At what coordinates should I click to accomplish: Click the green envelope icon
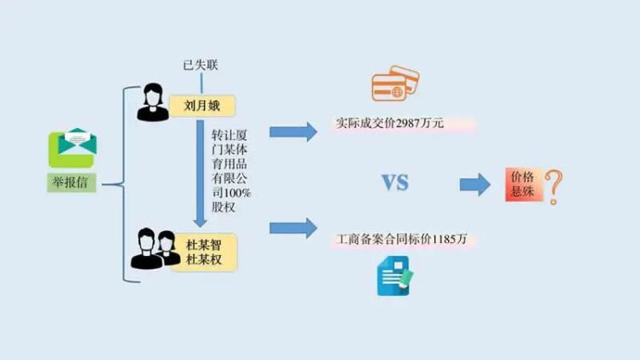[x=72, y=148]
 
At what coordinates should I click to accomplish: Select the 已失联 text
[x=201, y=66]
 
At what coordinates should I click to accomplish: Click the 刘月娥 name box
[x=201, y=106]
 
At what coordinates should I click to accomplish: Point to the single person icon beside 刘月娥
[x=154, y=103]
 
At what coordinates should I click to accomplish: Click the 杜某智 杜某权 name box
[x=204, y=252]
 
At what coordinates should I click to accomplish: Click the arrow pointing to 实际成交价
[x=293, y=131]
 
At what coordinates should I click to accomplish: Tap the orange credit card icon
[x=394, y=84]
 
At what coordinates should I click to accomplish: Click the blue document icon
[x=394, y=276]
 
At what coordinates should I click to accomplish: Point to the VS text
[x=394, y=183]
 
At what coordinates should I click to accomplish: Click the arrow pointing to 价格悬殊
[x=474, y=185]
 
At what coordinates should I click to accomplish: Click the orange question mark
[x=555, y=187]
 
